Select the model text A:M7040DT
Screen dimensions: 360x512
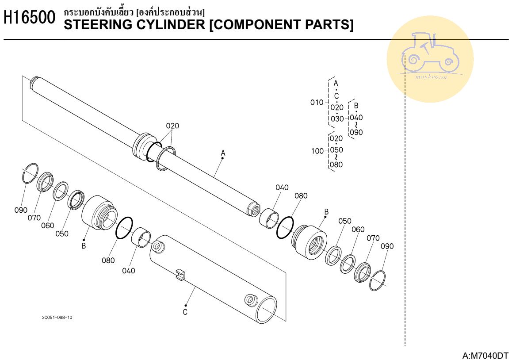[x=485, y=355]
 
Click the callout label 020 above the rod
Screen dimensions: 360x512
[x=172, y=126]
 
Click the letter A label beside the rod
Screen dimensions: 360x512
[x=223, y=153]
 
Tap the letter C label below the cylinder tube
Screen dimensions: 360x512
[x=185, y=312]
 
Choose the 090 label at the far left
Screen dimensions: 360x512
[x=21, y=210]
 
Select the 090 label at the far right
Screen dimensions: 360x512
[x=387, y=246]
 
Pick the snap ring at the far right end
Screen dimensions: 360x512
[x=378, y=280]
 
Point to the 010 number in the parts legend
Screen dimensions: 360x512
[x=317, y=103]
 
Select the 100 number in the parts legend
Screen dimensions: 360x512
[x=317, y=151]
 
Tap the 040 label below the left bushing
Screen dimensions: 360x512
[x=129, y=271]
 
